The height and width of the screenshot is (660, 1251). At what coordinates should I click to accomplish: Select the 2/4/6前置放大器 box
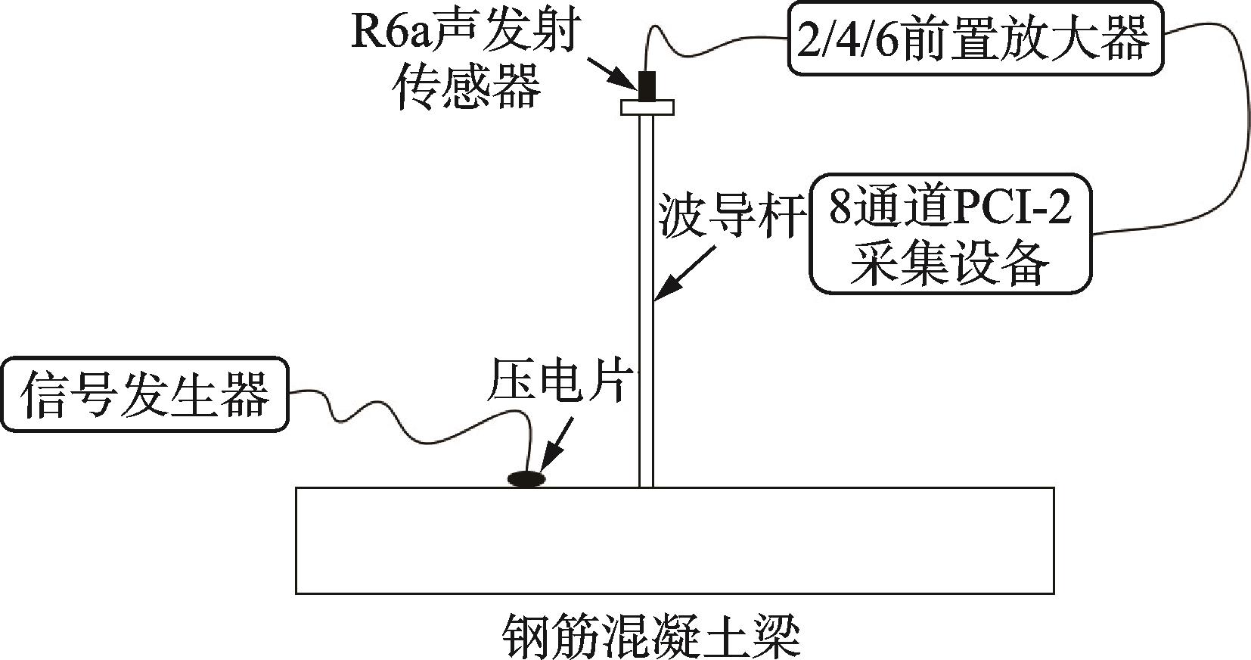click(976, 39)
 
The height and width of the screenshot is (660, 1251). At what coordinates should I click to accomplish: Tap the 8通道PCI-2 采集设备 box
click(951, 234)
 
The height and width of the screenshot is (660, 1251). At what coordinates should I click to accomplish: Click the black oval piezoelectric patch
click(527, 478)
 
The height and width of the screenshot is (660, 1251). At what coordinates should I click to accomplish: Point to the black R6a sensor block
click(647, 86)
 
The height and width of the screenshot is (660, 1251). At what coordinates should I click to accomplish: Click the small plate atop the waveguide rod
click(647, 107)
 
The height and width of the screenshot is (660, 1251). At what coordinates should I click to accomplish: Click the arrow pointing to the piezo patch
click(558, 444)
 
